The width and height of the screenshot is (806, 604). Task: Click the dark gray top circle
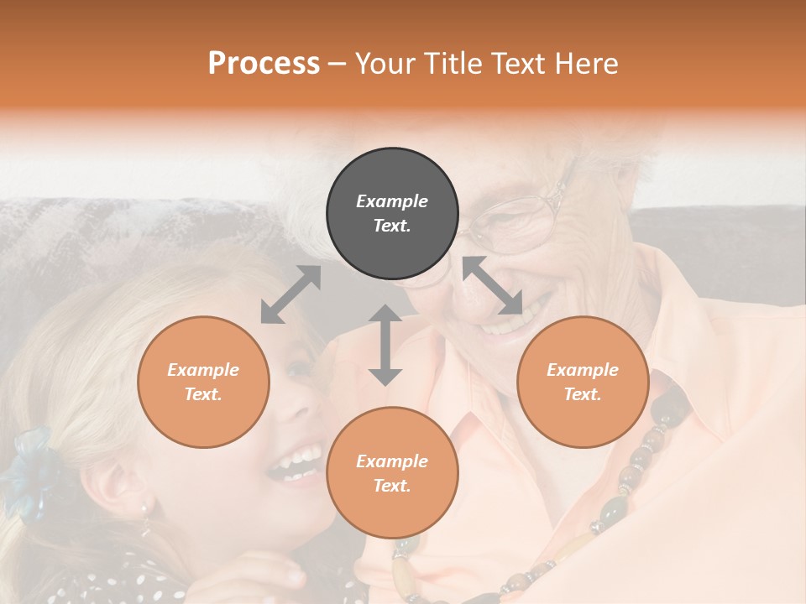[x=392, y=214]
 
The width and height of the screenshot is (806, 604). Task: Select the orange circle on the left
[x=203, y=382]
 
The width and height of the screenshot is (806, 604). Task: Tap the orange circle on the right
[x=583, y=382]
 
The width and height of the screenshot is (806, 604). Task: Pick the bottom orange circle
[x=392, y=472]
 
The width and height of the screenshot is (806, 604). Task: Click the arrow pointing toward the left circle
[x=290, y=294]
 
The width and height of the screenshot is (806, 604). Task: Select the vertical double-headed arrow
[x=385, y=345]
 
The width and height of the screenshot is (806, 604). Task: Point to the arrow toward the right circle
[x=493, y=286]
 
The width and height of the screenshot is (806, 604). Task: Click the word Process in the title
[x=264, y=63]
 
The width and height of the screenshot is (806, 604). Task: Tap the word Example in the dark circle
[x=392, y=201]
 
